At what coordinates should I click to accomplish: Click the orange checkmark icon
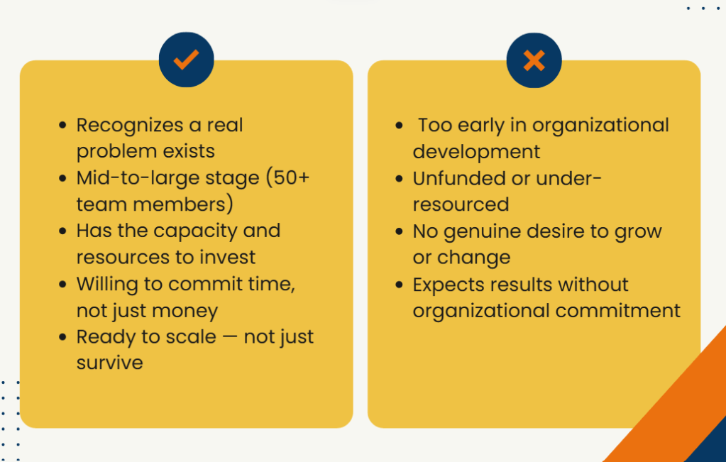pos(186,60)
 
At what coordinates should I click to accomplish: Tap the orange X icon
pos(534,60)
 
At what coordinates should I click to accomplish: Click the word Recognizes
pos(130,126)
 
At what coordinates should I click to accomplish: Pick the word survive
pos(110,363)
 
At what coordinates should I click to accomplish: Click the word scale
pos(191,336)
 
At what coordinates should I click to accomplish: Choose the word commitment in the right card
pos(617,311)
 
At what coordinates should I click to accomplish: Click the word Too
pos(435,126)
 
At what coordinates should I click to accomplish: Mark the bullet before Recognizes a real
pos(63,125)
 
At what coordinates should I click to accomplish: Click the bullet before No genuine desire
pos(399,231)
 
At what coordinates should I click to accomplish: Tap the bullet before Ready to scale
pos(63,336)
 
